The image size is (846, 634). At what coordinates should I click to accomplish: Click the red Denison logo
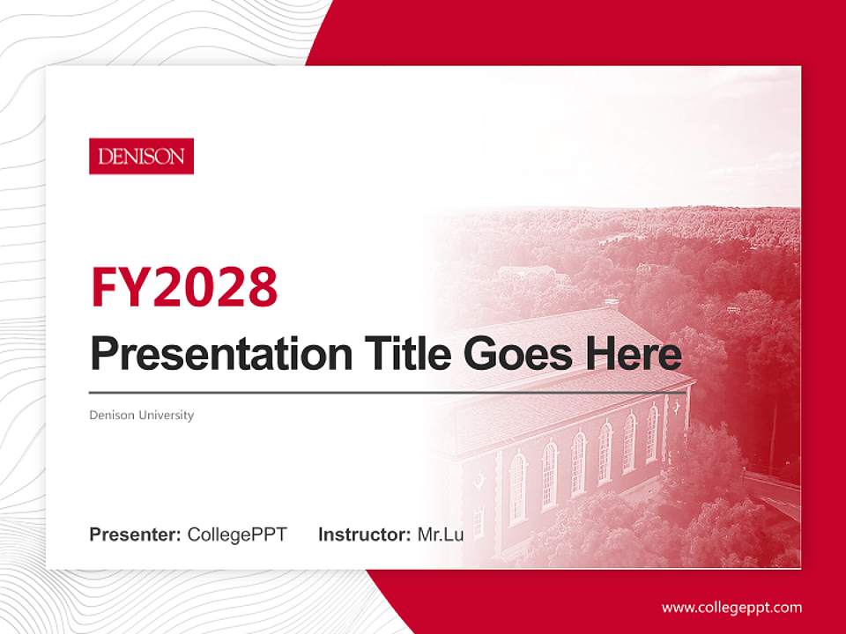pyautogui.click(x=141, y=157)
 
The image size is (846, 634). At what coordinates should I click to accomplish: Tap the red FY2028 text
pyautogui.click(x=184, y=286)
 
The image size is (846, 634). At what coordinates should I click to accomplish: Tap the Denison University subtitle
pyautogui.click(x=141, y=415)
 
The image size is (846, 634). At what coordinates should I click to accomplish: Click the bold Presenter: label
pyautogui.click(x=136, y=534)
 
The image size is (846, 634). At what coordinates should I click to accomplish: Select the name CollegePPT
pyautogui.click(x=237, y=534)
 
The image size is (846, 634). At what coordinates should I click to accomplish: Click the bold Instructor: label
pyautogui.click(x=364, y=534)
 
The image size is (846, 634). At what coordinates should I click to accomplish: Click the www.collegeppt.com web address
pyautogui.click(x=731, y=607)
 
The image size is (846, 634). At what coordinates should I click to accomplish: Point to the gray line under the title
pyautogui.click(x=388, y=392)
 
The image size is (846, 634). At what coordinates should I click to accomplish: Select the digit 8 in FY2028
pyautogui.click(x=262, y=286)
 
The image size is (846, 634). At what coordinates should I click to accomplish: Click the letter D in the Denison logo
pyautogui.click(x=105, y=158)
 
